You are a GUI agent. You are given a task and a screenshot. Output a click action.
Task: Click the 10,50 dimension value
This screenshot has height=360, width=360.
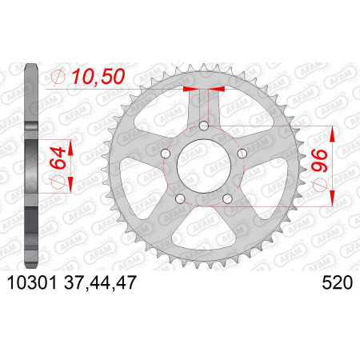click(x=98, y=77)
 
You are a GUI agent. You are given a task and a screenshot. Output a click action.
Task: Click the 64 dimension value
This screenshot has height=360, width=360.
click(x=58, y=158)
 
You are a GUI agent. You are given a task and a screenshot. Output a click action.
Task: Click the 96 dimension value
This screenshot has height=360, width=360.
click(x=320, y=161)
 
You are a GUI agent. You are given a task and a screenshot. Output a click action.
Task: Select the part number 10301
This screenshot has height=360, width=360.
click(x=32, y=282)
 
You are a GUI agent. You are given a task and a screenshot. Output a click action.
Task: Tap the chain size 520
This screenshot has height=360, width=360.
click(x=337, y=282)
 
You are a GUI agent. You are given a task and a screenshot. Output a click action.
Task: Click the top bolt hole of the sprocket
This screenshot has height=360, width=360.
click(x=204, y=126)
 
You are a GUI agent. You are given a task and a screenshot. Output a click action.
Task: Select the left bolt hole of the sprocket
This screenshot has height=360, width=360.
click(x=166, y=154)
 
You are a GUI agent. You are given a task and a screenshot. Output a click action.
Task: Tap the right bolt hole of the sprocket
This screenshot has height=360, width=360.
click(x=242, y=154)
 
